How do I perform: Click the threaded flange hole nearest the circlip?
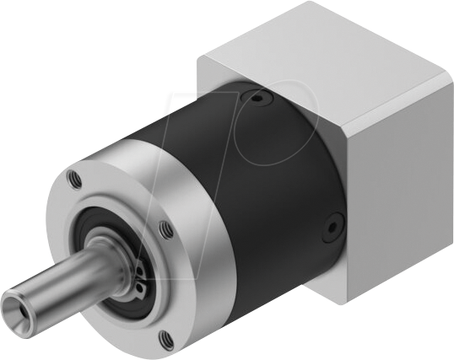pos(165,227)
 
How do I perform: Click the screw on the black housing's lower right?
pos(330,227)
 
